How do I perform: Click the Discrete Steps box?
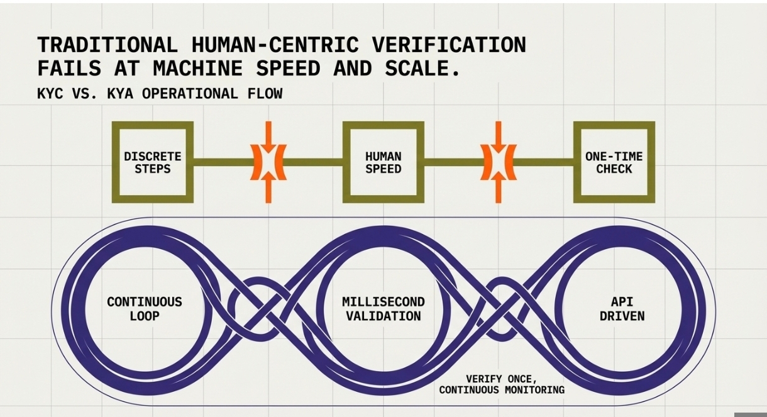152,162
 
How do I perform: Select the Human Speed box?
383,162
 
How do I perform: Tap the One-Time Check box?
614,162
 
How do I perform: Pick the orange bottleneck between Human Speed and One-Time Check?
499,162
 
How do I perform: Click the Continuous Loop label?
144,308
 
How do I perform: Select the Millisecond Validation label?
383,308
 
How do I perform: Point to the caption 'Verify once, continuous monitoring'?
501,384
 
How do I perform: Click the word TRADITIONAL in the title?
106,45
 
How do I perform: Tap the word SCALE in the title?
419,69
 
